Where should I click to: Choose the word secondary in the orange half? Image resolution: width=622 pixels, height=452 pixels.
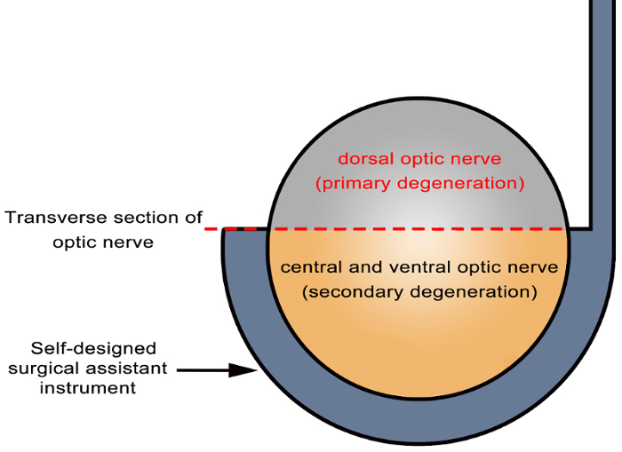[x=349, y=290]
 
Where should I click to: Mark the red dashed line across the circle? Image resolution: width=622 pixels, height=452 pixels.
[x=418, y=229]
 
